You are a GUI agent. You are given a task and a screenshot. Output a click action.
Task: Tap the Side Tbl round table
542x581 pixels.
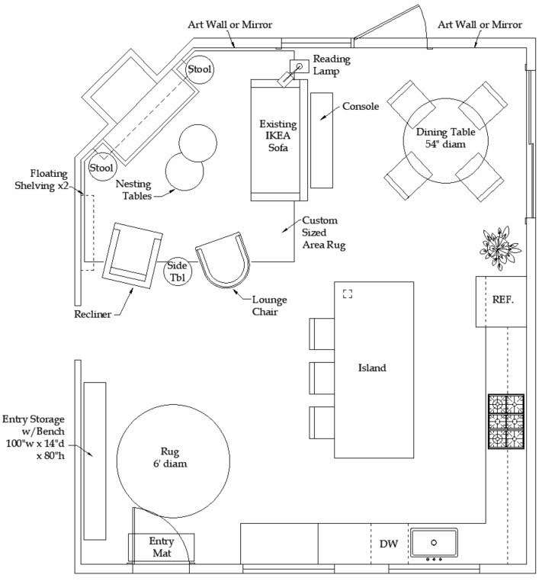[x=181, y=271]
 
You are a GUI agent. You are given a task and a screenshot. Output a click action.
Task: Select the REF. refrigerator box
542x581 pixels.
[x=502, y=301]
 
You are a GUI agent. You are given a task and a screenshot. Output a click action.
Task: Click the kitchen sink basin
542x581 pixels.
[x=434, y=543]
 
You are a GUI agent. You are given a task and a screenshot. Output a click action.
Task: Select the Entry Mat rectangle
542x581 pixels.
[x=161, y=547]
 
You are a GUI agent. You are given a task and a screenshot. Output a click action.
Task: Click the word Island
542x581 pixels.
[x=372, y=368]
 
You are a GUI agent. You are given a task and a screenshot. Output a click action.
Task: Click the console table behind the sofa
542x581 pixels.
[x=322, y=140]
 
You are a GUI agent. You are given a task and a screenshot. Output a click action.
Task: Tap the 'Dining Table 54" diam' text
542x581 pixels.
[x=440, y=137]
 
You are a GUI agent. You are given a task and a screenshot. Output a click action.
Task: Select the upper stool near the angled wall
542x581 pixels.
[x=199, y=70]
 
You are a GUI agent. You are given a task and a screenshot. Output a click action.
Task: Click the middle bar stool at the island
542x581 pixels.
[x=319, y=377]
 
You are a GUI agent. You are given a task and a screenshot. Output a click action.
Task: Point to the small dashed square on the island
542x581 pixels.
[x=348, y=294]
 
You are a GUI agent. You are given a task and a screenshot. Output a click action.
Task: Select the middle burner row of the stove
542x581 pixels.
[x=506, y=422]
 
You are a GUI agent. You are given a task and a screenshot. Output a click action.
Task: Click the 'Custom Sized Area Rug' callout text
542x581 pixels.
[x=320, y=233]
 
